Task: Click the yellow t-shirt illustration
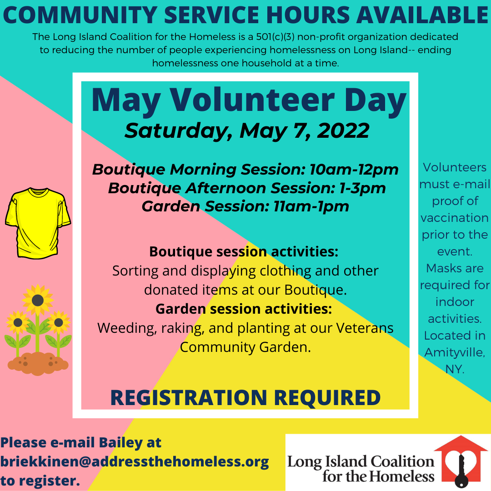point(38,223)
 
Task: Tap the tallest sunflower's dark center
point(38,301)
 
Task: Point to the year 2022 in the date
point(343,130)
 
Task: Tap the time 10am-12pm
point(354,170)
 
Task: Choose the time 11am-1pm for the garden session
point(311,207)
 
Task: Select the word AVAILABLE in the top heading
point(422,15)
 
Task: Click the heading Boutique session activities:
point(244,251)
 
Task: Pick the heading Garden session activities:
point(244,309)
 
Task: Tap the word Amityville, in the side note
point(455,353)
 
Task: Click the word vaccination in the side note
point(454,218)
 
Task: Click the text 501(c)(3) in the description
point(275,37)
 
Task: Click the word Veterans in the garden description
point(365,328)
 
